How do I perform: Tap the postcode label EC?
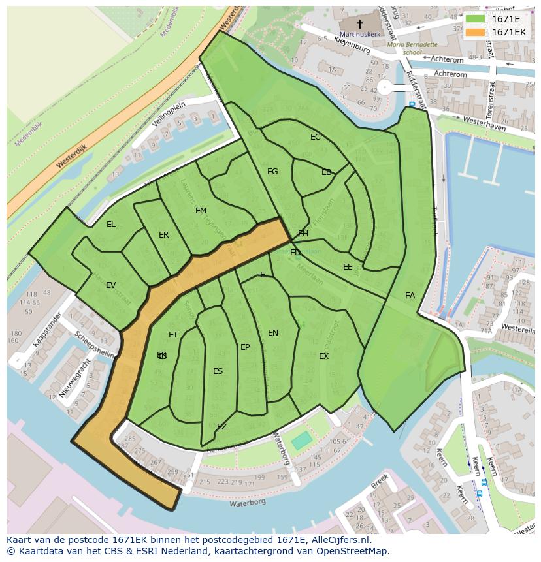point(316,137)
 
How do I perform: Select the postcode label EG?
point(272,172)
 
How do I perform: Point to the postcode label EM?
point(201,211)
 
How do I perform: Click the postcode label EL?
point(111,225)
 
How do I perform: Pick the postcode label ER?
point(164,235)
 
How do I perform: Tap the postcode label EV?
point(110,285)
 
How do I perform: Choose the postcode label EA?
point(410,296)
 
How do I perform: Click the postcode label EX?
point(323,356)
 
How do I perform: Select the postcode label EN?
point(273,333)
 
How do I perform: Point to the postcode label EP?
point(245,347)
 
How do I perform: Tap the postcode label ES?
point(218,371)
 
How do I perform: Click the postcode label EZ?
point(221,427)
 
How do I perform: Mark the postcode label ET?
point(173,335)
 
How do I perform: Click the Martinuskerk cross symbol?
point(359,23)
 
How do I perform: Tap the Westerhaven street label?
point(484,124)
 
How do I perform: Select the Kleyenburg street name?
point(352,45)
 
